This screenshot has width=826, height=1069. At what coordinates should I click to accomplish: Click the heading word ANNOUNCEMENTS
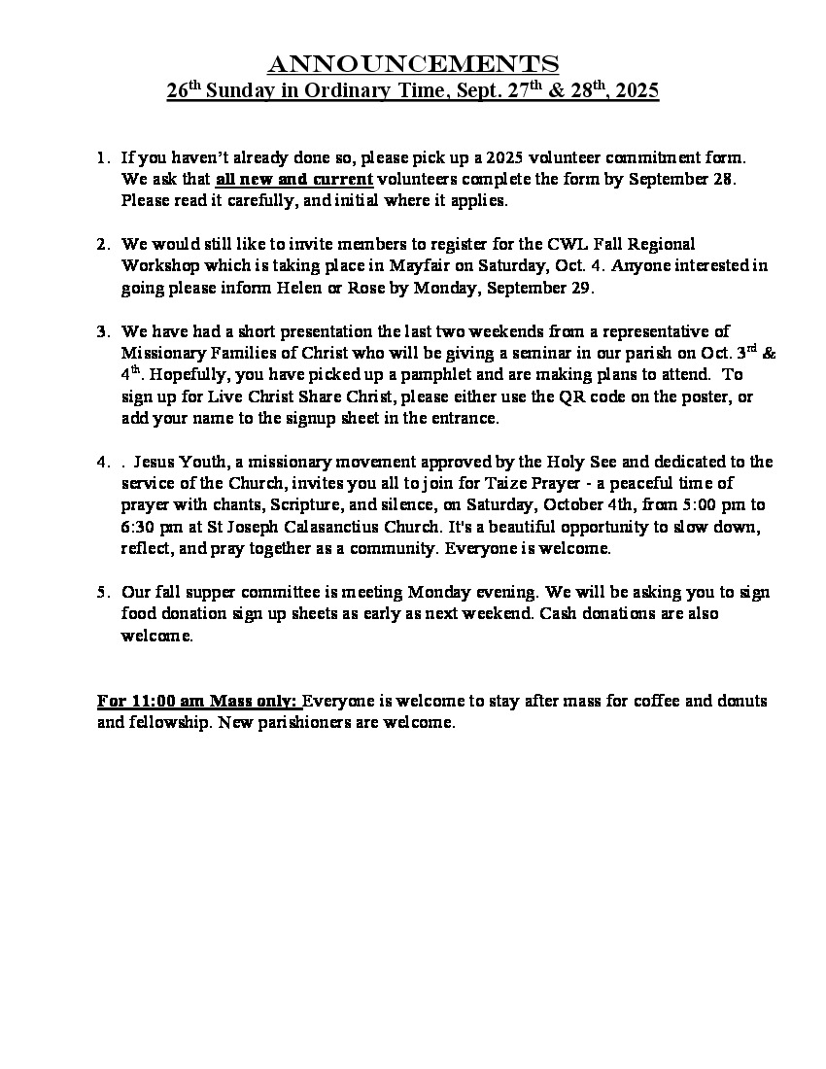click(413, 64)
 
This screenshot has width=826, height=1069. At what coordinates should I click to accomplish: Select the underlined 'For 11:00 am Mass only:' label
click(199, 701)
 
